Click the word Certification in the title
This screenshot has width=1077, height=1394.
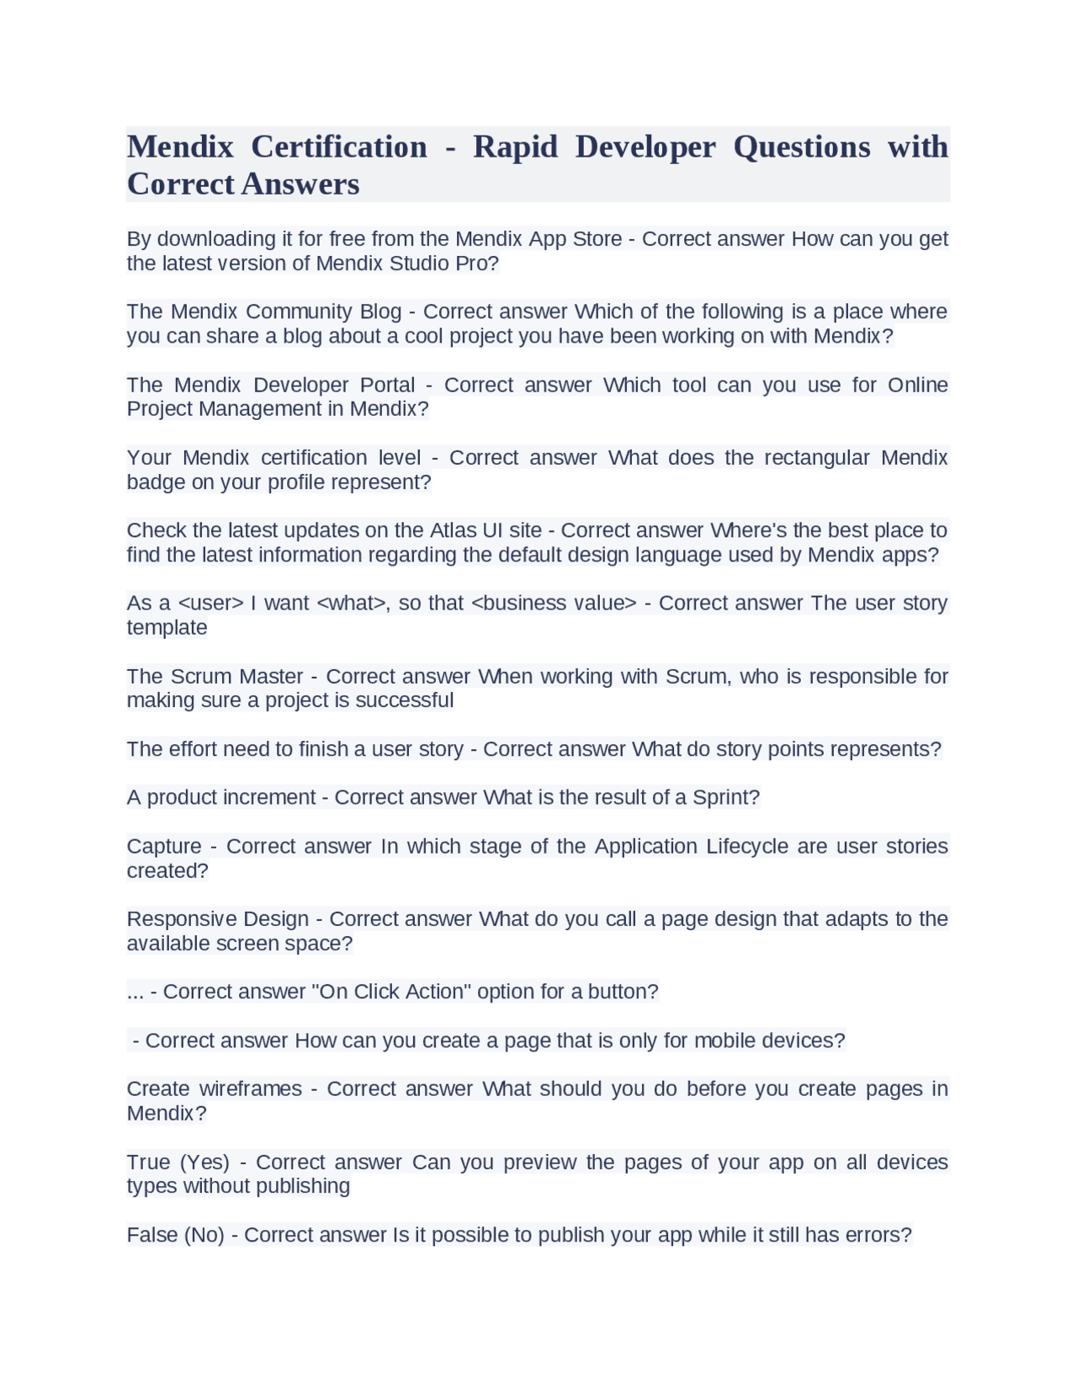click(x=339, y=147)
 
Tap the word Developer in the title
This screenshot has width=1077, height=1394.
click(x=645, y=147)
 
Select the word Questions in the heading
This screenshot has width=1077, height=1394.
click(x=802, y=147)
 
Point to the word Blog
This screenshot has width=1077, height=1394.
click(x=380, y=311)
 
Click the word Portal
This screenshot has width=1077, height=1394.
click(x=387, y=385)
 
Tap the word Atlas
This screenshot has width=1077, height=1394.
click(x=454, y=530)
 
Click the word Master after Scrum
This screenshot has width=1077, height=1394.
click(x=271, y=677)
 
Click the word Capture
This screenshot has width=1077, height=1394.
click(x=164, y=846)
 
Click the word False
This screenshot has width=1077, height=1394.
click(x=151, y=1235)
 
